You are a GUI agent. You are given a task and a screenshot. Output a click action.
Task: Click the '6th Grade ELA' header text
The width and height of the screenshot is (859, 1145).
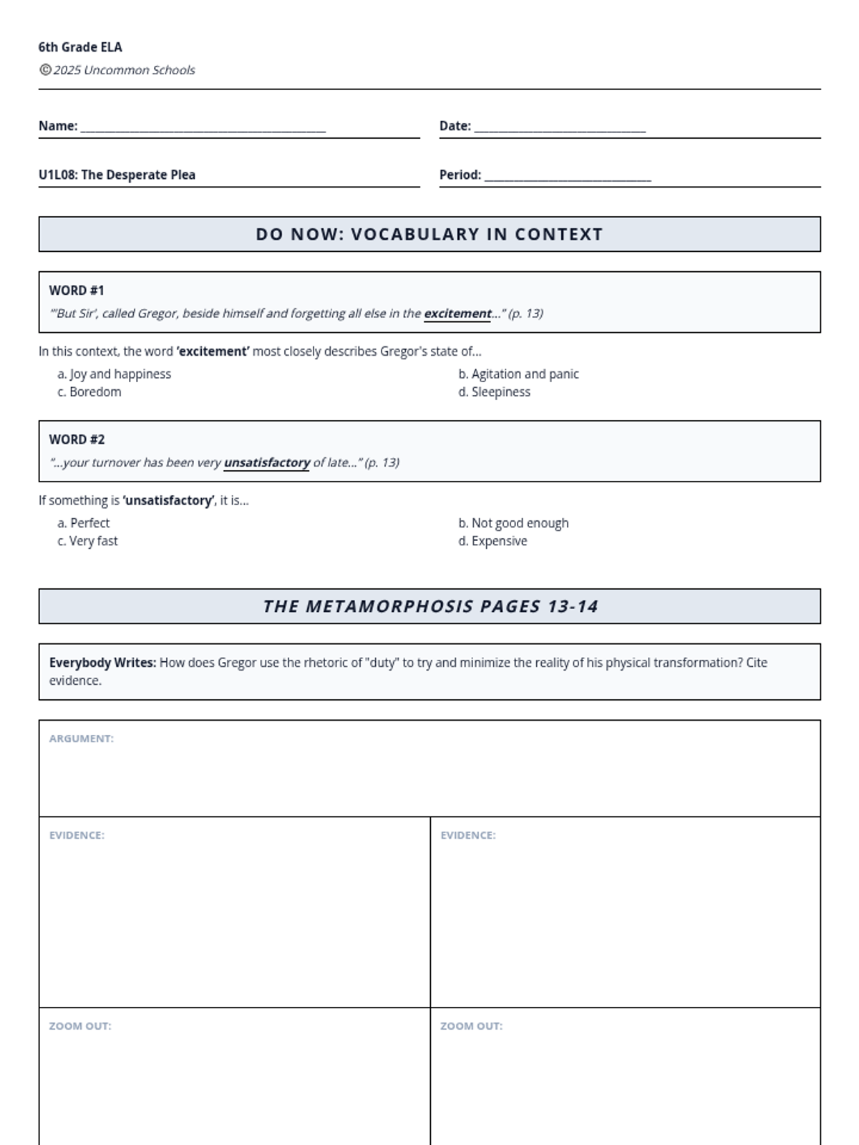coord(80,47)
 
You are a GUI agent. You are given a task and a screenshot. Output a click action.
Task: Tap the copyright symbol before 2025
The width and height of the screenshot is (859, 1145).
coord(45,69)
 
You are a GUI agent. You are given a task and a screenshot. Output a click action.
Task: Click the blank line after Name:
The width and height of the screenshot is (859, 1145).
coord(203,129)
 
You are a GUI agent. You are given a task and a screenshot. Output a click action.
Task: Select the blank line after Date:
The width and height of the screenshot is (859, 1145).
coord(560,129)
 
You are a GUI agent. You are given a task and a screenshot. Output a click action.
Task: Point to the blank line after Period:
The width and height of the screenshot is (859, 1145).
coord(568,177)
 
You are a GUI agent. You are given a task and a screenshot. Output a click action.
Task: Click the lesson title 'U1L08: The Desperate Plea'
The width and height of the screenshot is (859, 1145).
coord(117,175)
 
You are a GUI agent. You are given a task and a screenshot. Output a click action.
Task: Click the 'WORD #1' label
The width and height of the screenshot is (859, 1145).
coord(77,291)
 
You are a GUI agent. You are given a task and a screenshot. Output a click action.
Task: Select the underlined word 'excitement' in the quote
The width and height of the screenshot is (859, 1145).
coord(457,313)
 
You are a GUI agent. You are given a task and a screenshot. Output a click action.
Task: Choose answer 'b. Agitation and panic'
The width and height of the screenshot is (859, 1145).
coord(518,374)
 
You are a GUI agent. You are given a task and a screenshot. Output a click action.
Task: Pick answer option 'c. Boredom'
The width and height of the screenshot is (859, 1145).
coord(89,392)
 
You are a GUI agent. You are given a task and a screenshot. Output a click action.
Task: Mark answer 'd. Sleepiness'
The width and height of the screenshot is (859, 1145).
coord(494,392)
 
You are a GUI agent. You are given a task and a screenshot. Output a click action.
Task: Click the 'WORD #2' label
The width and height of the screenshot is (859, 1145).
coord(77,439)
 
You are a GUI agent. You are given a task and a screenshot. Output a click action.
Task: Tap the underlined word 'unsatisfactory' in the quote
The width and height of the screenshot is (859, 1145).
coord(267,462)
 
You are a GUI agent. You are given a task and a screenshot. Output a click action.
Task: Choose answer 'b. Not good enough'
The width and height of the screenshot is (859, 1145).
coord(513,523)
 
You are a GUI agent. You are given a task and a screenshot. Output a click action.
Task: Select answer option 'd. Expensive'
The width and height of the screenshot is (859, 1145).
coord(492,541)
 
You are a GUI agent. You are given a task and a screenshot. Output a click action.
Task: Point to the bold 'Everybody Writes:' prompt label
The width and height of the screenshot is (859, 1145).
coord(102,663)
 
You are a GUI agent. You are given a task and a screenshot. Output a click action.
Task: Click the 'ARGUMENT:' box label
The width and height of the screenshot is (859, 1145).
coord(82,739)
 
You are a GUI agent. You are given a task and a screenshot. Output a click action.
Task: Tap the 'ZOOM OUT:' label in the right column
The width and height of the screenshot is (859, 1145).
coord(471,1026)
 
